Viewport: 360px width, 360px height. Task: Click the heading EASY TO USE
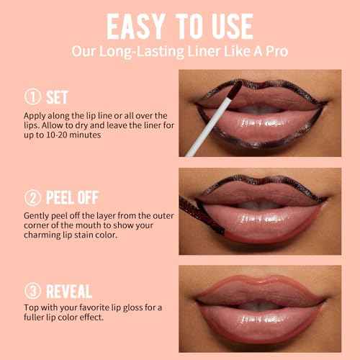pos(179,26)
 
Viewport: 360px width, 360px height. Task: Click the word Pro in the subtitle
pos(270,52)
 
